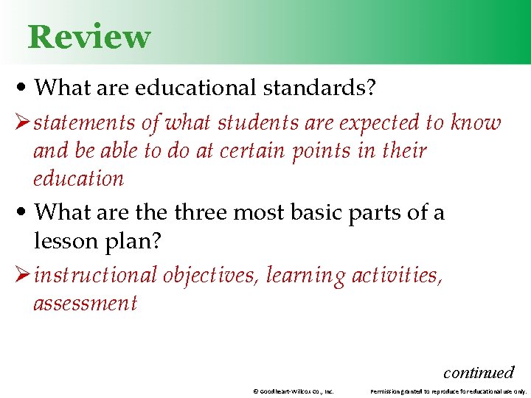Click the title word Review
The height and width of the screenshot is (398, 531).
tap(88, 37)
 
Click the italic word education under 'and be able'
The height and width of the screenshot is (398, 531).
tap(78, 178)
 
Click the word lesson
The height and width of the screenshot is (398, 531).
tap(64, 240)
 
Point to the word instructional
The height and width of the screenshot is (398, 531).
tap(95, 275)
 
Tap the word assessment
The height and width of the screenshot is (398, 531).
tap(85, 303)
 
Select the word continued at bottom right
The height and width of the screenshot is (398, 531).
tap(478, 372)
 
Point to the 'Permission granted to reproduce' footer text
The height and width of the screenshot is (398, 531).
tap(448, 391)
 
